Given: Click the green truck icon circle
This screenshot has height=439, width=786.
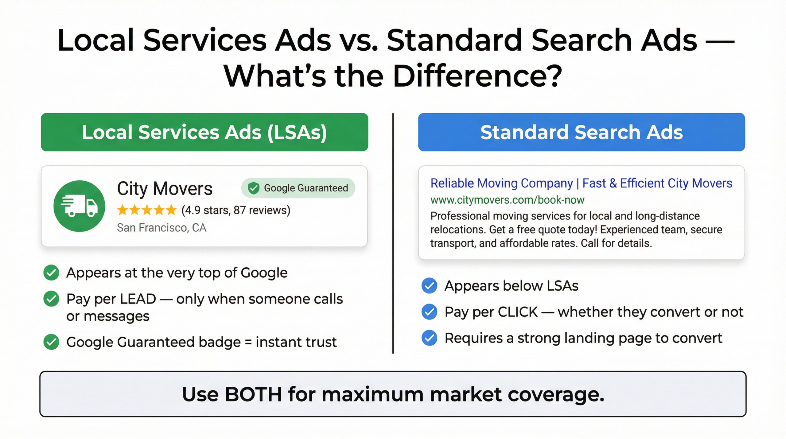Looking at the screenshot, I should (79, 206).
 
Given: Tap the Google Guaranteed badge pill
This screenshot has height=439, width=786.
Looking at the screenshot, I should (298, 188).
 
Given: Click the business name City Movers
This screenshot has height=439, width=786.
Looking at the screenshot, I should (165, 188).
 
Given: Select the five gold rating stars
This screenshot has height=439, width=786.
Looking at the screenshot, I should (147, 210).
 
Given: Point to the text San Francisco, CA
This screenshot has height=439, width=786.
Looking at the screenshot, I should (161, 228).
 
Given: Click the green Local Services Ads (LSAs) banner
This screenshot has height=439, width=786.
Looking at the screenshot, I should (204, 132).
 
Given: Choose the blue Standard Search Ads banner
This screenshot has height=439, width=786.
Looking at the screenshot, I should (581, 132).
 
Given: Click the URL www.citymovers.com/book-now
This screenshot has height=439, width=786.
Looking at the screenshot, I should (507, 200).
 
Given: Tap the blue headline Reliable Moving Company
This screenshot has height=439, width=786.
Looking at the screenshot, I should (501, 183).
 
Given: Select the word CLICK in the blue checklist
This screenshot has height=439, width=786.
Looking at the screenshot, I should (518, 312).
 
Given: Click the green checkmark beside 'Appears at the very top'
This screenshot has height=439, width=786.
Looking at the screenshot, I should (51, 272).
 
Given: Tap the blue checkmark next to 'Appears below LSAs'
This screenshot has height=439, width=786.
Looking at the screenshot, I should (429, 286).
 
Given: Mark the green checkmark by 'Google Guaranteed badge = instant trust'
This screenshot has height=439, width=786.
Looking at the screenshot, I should (51, 342).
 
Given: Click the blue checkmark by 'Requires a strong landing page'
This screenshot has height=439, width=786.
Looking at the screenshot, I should (429, 338).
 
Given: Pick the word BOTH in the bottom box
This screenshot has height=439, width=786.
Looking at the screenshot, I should (253, 394).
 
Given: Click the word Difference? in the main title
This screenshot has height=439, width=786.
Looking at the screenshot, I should (477, 76).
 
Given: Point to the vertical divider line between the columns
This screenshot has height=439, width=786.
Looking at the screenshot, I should (393, 233).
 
